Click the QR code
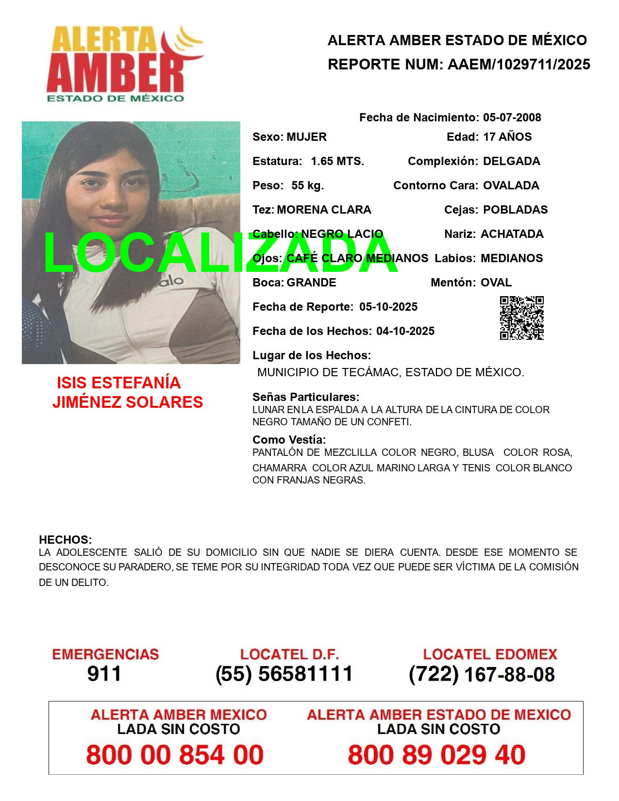point(521,318)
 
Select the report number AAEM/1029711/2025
point(519,65)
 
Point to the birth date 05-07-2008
point(512,117)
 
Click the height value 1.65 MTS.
point(337,161)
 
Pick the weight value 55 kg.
point(307,185)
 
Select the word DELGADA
point(511,161)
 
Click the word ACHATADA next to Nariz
point(512,234)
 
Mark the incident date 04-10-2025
point(405,331)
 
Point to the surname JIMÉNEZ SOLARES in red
point(127,402)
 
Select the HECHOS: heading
point(65,540)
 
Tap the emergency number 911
point(104,674)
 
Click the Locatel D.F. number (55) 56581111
point(284,674)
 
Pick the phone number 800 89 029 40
point(436,755)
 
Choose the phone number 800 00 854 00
point(175,755)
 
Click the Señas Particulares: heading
point(305,397)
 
